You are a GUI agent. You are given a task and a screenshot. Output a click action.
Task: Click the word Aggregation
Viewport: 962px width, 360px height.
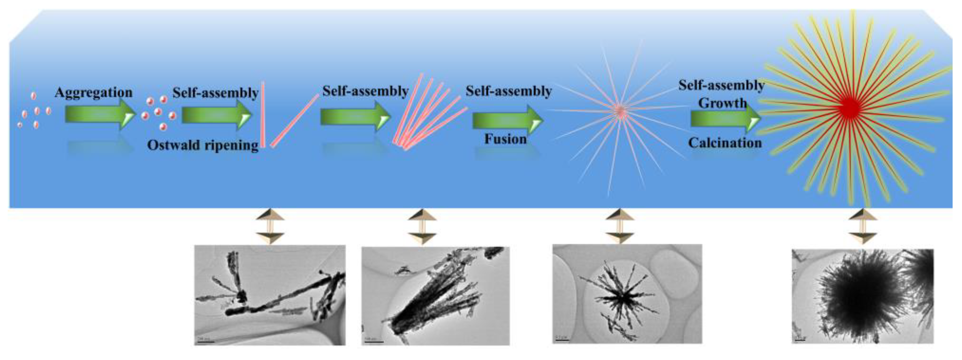tap(94, 92)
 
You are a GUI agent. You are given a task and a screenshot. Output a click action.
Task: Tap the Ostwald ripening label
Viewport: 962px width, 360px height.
tap(203, 145)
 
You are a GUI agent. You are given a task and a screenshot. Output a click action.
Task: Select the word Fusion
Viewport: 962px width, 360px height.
tap(505, 139)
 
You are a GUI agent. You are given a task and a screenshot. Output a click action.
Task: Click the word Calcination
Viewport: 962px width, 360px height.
tap(725, 143)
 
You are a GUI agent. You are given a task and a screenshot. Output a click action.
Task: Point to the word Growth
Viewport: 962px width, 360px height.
tap(722, 103)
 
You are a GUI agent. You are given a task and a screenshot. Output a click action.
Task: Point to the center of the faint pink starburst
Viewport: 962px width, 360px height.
tap(620, 111)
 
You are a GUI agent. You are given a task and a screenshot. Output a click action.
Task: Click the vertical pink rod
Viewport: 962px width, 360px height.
tap(263, 114)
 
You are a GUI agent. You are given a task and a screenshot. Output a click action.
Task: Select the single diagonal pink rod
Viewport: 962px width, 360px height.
tap(295, 120)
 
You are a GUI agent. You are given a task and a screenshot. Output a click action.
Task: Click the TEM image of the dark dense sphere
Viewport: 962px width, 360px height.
tap(863, 296)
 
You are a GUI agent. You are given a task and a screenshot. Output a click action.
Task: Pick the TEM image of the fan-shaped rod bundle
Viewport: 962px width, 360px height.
tap(435, 296)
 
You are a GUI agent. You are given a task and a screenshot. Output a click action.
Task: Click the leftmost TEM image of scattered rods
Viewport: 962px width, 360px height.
tap(270, 295)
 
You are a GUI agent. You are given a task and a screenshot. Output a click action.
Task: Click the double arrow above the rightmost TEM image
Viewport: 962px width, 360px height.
tap(863, 226)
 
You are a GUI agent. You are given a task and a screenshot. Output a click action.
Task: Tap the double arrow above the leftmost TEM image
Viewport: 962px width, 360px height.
tap(270, 226)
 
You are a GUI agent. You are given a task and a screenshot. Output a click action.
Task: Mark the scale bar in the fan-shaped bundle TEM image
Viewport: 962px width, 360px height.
tap(373, 341)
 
